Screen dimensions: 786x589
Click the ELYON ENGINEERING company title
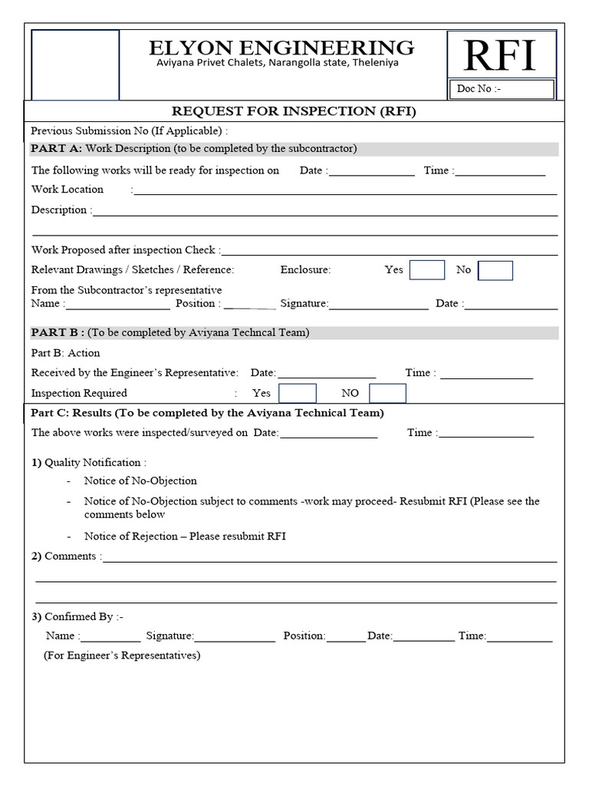click(281, 48)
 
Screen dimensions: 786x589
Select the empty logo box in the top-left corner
click(75, 64)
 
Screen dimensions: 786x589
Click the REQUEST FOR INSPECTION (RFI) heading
click(294, 111)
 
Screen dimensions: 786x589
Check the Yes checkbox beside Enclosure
click(426, 270)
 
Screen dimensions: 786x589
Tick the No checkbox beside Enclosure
click(495, 270)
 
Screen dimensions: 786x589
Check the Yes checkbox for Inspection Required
click(297, 393)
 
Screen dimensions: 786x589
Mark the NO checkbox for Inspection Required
click(387, 393)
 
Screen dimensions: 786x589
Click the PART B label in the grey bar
click(58, 332)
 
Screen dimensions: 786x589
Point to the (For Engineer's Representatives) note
click(122, 656)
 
